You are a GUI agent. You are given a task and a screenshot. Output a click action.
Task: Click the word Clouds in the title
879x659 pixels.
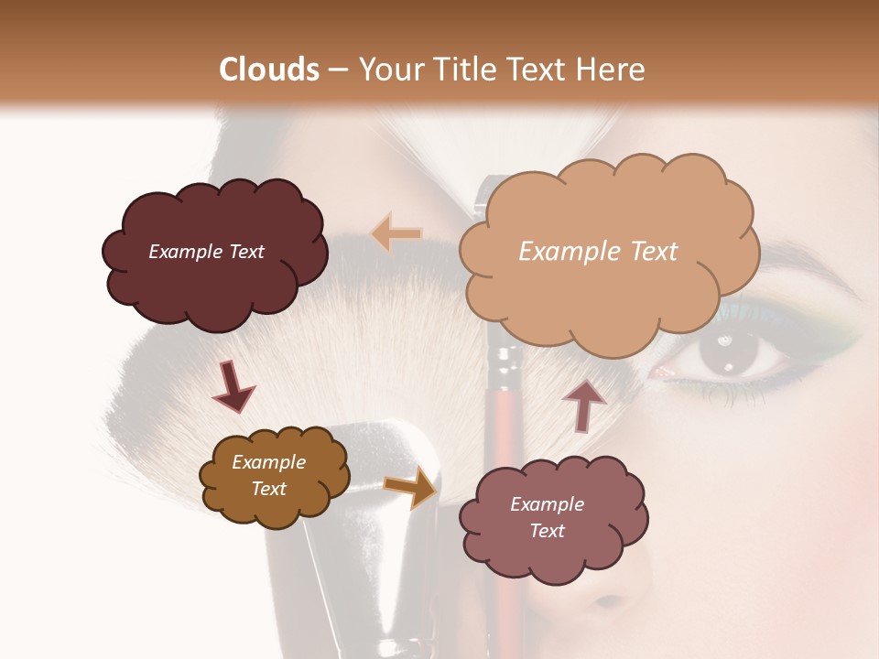[x=269, y=70]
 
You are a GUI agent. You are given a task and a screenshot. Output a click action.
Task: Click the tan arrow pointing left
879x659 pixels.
[x=396, y=234]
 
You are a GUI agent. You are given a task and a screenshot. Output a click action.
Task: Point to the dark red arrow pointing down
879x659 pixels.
[x=233, y=385]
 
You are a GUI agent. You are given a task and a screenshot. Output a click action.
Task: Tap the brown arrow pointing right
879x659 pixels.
[x=410, y=490]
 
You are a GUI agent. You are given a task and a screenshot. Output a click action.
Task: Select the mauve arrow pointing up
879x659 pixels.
[x=583, y=405]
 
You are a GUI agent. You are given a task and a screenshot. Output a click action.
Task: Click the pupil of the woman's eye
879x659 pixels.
[x=728, y=353]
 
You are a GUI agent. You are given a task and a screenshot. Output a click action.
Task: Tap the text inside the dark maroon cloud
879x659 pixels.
[x=206, y=252]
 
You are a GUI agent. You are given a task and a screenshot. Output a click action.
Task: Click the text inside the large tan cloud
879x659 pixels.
[x=598, y=252]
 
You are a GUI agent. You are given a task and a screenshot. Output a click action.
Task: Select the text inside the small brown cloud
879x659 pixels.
[x=268, y=475]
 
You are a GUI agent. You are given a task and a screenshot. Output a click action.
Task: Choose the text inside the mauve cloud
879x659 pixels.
[x=547, y=517]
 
